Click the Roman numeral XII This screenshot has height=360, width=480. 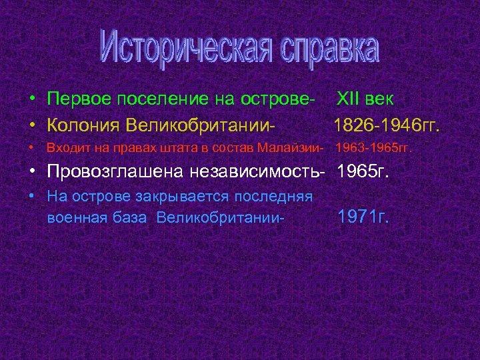(347, 99)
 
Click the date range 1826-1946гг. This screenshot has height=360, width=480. (387, 125)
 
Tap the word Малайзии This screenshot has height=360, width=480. (293, 147)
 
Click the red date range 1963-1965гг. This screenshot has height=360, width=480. (373, 147)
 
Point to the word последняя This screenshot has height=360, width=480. (281, 196)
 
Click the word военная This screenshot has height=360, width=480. (72, 217)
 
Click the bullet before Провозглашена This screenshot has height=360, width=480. (32, 171)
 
